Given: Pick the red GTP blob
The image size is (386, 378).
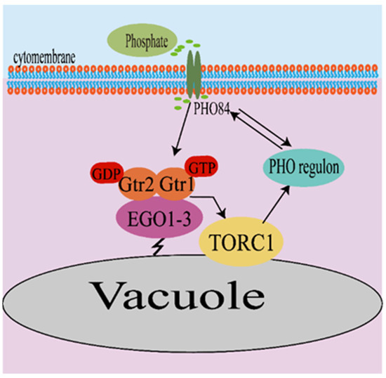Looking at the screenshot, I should coord(204,167).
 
